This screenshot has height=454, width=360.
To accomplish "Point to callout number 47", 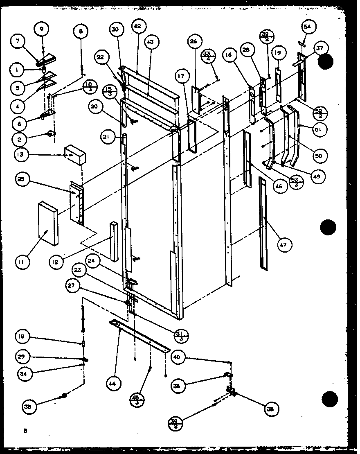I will click(x=283, y=245).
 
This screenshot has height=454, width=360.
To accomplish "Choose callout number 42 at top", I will click(x=137, y=26).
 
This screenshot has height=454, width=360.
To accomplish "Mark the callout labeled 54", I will click(x=307, y=27).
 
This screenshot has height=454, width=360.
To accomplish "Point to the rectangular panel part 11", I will click(x=48, y=224).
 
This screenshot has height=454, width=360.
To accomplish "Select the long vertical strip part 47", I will click(x=262, y=223).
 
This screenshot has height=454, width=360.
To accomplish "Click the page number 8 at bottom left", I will click(x=25, y=430).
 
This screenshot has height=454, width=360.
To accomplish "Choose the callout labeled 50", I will click(x=318, y=156).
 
